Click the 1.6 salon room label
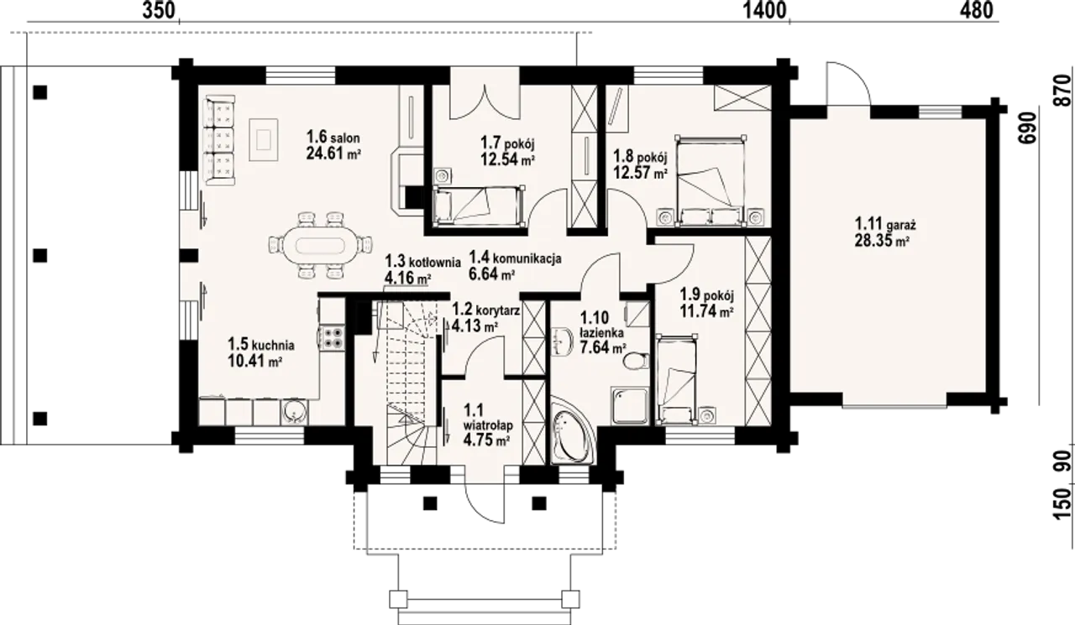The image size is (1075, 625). [333, 137]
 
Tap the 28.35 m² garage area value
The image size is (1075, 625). [882, 241]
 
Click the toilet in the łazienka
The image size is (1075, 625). [637, 361]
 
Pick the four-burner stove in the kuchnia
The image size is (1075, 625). [333, 337]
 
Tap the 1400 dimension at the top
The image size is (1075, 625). [765, 11]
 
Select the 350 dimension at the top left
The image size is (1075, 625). [159, 11]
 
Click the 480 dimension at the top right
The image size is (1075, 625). [976, 11]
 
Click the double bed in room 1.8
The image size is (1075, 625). [711, 180]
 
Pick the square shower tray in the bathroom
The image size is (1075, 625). [630, 406]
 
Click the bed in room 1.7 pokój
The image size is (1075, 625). [479, 206]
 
